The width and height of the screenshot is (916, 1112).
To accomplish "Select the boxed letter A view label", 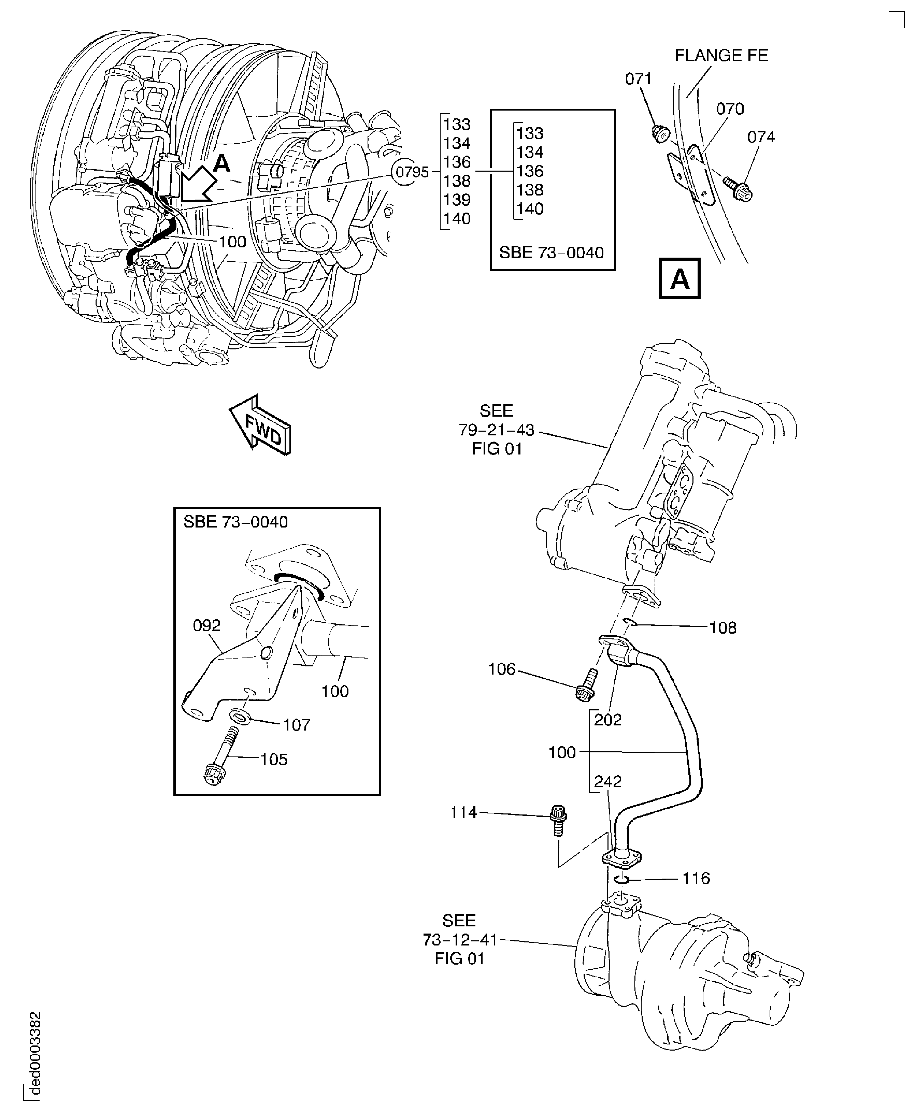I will [x=679, y=278].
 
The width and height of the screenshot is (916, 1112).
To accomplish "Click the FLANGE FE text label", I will [x=721, y=55].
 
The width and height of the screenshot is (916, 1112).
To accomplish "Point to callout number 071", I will [x=638, y=79].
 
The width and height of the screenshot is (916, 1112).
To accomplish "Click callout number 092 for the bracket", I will [x=206, y=626].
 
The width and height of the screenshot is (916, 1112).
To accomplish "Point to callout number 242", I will [x=608, y=781].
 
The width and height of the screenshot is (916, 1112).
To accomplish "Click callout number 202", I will [x=608, y=720].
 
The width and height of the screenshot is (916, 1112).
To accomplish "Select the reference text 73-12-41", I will [x=460, y=939].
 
